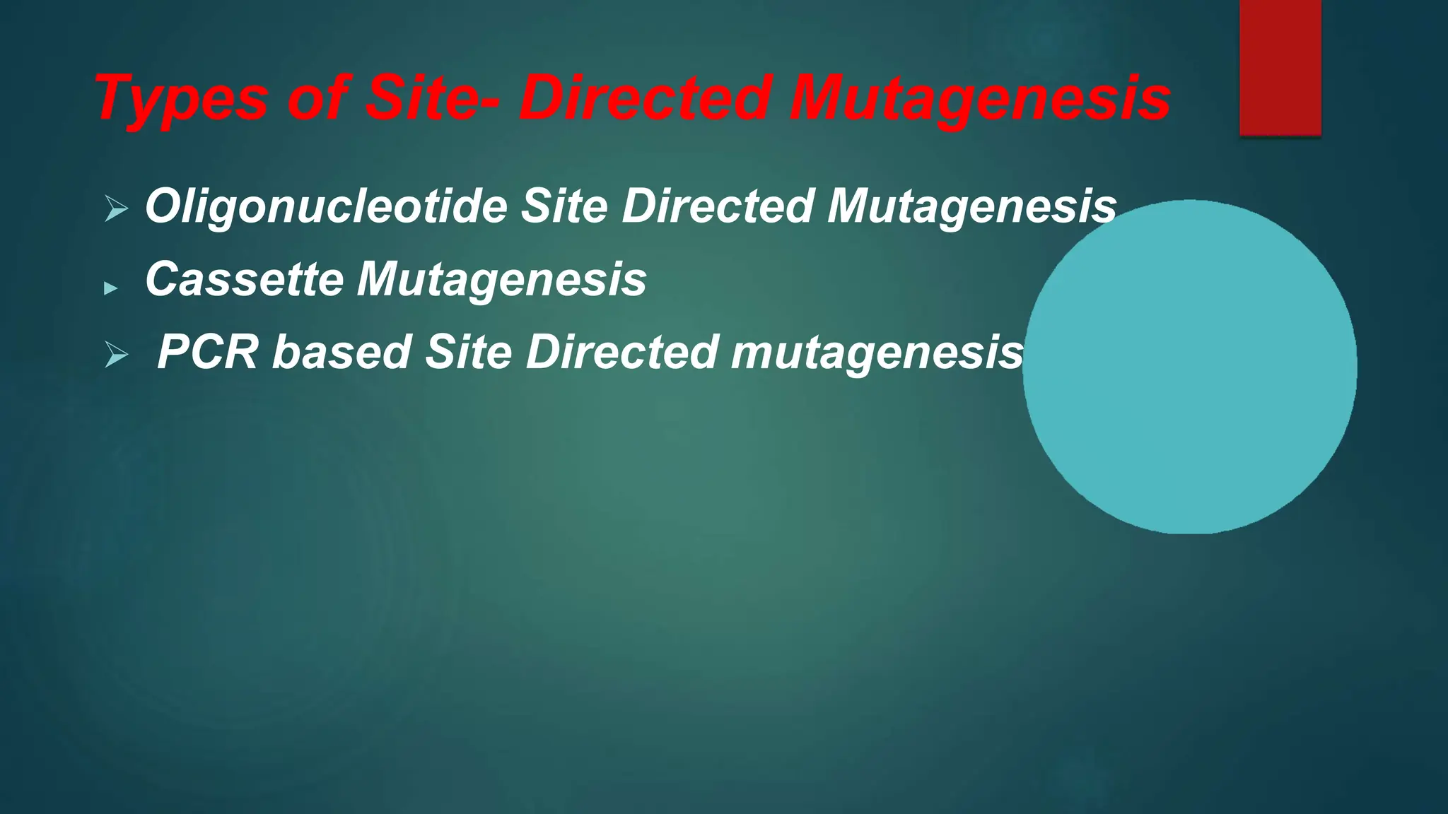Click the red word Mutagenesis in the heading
click(x=980, y=99)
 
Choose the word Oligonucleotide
click(x=326, y=206)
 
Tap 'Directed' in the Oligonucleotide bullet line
click(x=718, y=206)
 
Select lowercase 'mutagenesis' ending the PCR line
click(x=877, y=353)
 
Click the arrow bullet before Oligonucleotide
click(x=116, y=209)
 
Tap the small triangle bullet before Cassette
click(x=110, y=288)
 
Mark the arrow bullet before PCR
click(x=116, y=355)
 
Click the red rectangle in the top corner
click(x=1280, y=67)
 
